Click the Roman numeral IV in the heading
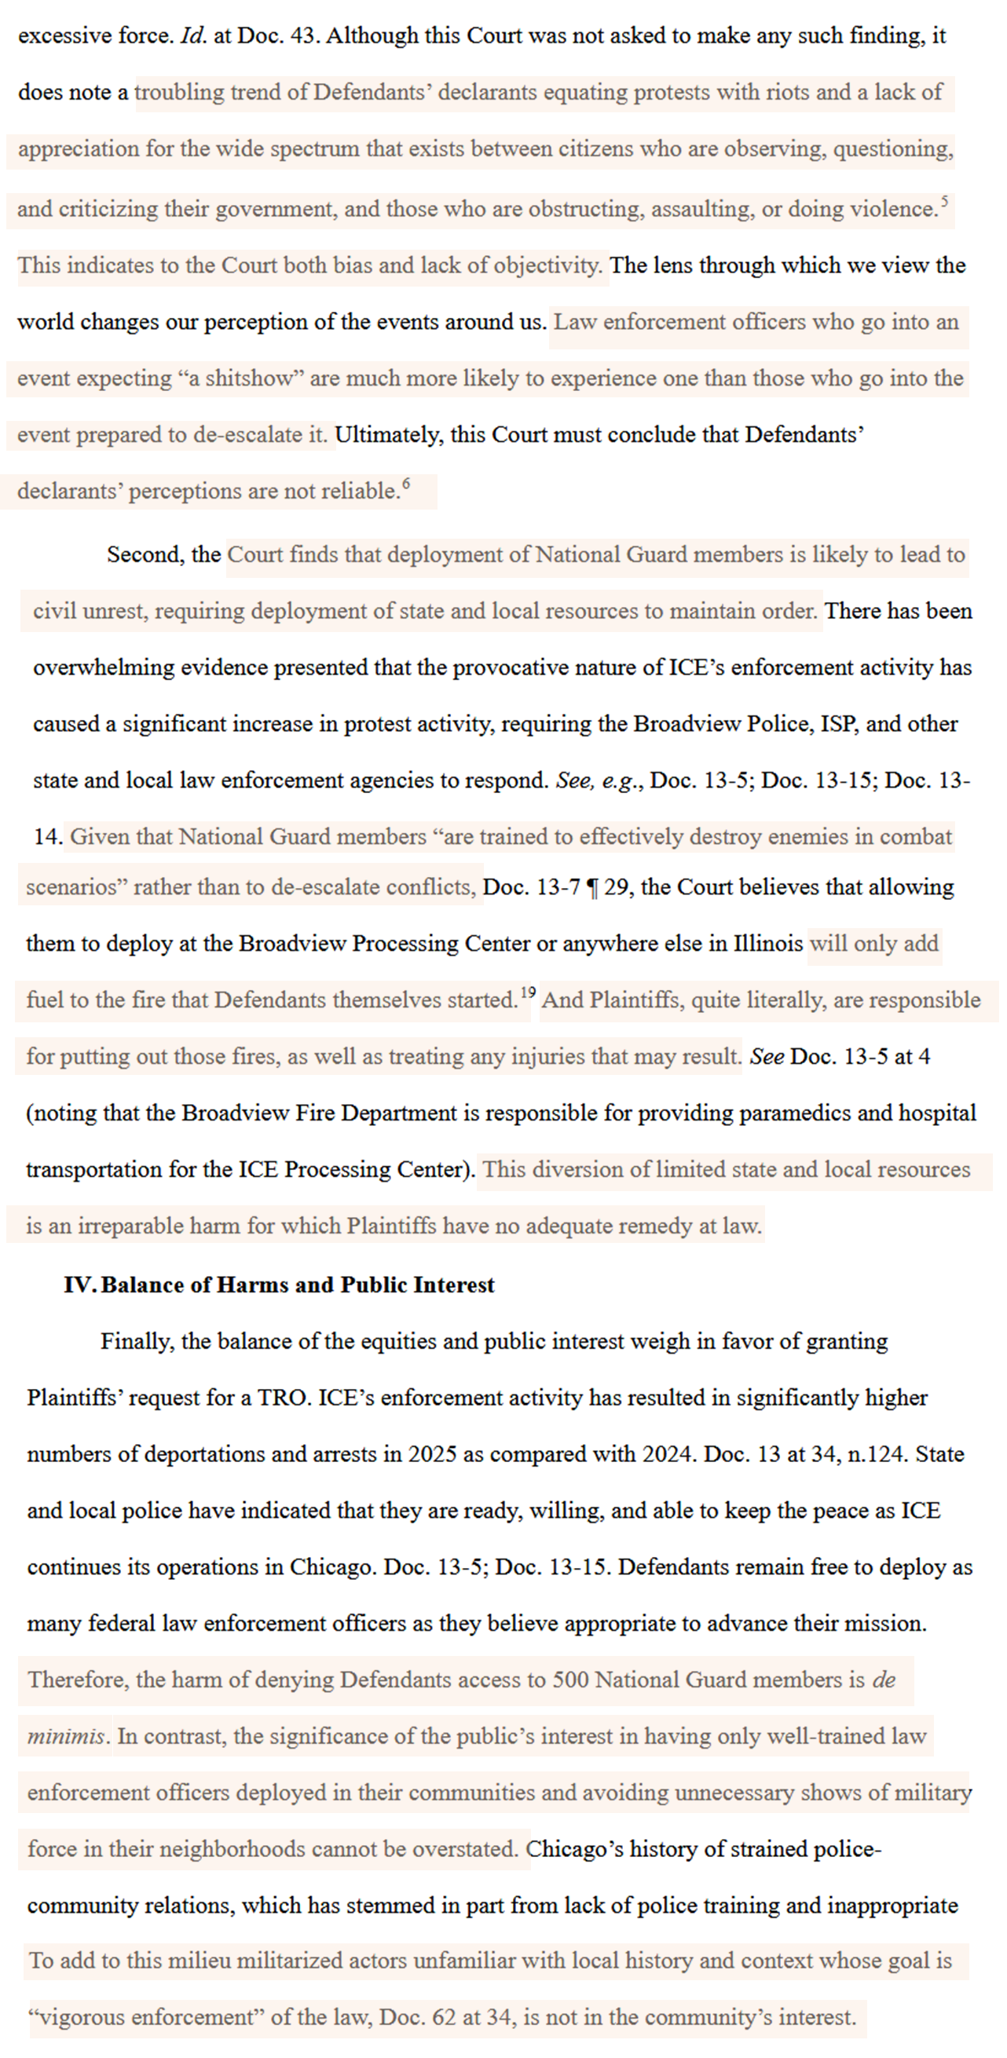pyautogui.click(x=80, y=1285)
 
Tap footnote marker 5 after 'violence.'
pyautogui.click(x=944, y=200)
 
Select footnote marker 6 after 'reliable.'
pyautogui.click(x=406, y=483)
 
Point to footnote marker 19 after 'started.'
pyautogui.click(x=528, y=992)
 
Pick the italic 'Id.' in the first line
pyautogui.click(x=194, y=36)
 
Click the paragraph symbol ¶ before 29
pyautogui.click(x=592, y=887)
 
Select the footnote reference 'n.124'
pyautogui.click(x=877, y=1454)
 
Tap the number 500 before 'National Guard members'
pyautogui.click(x=570, y=1680)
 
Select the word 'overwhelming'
pyautogui.click(x=103, y=668)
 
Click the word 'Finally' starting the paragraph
pyautogui.click(x=137, y=1341)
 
